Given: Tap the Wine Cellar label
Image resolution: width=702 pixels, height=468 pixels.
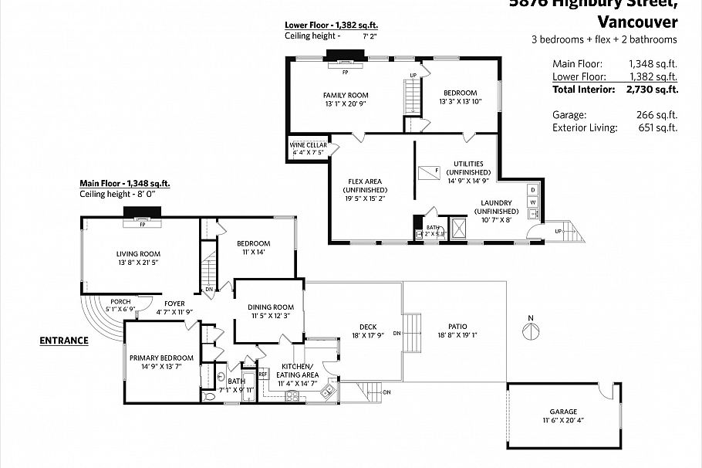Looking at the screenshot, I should (309, 145).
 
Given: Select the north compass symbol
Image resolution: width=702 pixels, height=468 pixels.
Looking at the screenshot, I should (530, 331).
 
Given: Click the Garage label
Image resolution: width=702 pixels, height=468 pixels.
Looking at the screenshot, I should (563, 412).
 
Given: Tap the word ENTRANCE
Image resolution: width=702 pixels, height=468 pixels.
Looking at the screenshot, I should (64, 340).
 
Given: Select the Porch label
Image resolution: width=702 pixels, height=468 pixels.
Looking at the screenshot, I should (120, 301).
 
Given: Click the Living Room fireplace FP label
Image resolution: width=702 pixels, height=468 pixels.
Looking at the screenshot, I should (141, 220).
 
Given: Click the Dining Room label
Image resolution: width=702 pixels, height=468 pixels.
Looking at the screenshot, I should (272, 307).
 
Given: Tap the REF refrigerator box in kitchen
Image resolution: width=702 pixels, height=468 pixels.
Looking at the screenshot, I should (263, 374).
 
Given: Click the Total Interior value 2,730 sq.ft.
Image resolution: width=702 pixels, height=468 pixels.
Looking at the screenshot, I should (652, 89).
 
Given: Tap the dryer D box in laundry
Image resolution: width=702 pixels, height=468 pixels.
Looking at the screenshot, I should (532, 189).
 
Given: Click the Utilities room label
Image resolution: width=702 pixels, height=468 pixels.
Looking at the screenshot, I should (468, 164).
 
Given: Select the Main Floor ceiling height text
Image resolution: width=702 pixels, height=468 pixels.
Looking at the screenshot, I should (118, 194).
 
